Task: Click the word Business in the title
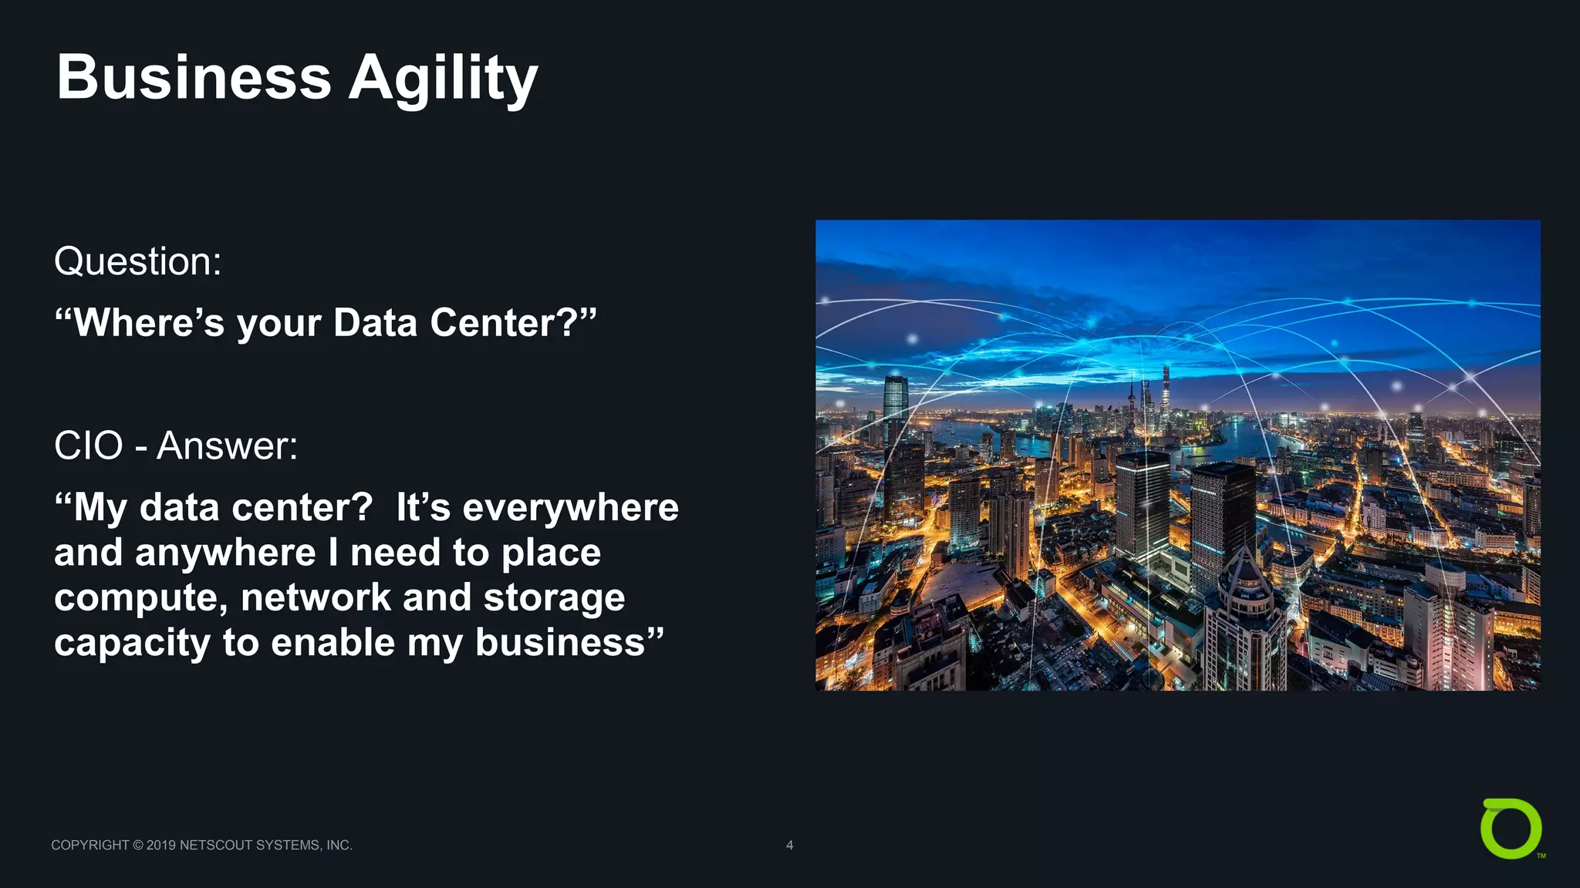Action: [194, 78]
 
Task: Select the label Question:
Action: [138, 261]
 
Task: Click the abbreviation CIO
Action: [88, 446]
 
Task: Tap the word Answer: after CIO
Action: [227, 446]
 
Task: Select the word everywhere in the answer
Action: [570, 507]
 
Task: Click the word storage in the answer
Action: [554, 598]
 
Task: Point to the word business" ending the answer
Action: [569, 642]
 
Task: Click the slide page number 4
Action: [789, 845]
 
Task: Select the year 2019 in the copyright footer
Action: [160, 846]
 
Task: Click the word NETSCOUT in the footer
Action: [215, 846]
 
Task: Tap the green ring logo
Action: [1511, 829]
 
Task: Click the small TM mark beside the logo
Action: [1541, 856]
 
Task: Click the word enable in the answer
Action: [333, 642]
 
